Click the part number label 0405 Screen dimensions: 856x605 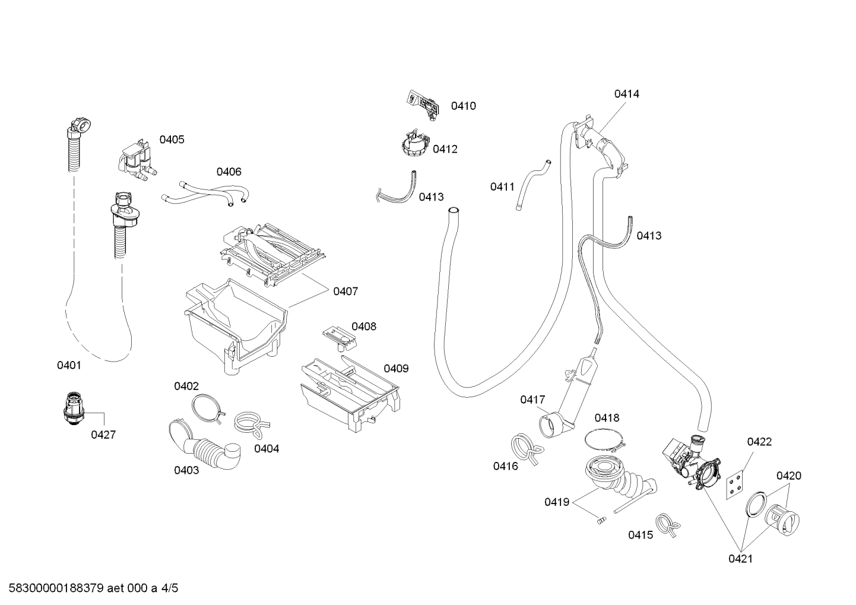point(172,140)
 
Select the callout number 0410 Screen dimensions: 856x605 point(463,106)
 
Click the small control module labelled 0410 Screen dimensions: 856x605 point(422,104)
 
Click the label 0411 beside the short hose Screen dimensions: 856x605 point(503,187)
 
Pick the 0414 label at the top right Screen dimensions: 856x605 point(627,94)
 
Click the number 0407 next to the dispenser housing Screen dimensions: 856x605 point(345,292)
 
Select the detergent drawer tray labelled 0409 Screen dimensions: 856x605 point(350,394)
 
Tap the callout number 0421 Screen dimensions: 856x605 point(741,559)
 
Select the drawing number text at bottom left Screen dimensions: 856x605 point(93,588)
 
